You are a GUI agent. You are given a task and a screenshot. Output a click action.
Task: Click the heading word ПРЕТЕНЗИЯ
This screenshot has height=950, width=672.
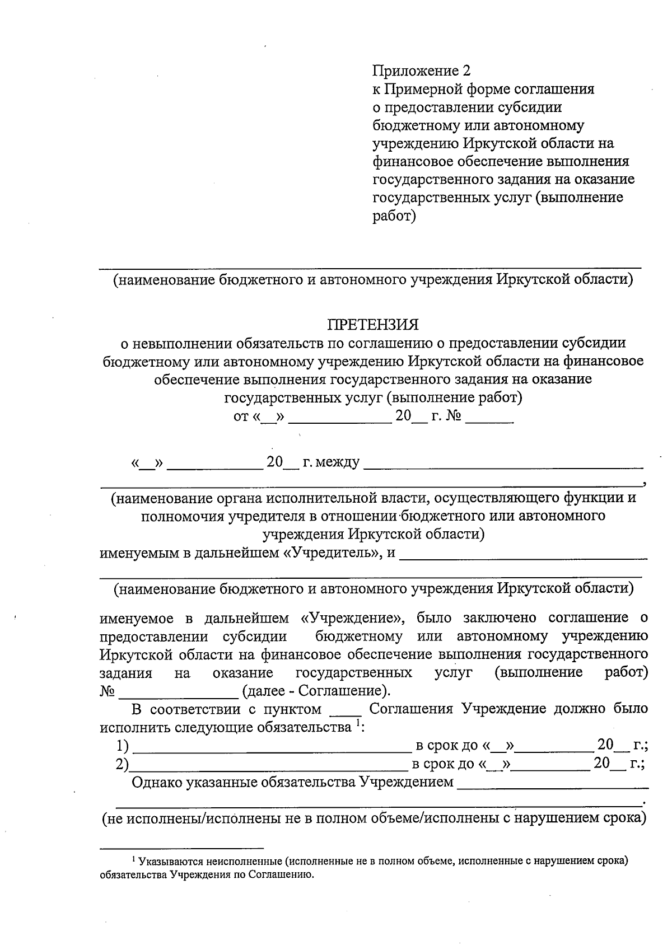(x=373, y=325)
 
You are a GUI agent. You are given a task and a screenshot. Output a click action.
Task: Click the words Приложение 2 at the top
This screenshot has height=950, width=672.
(x=422, y=71)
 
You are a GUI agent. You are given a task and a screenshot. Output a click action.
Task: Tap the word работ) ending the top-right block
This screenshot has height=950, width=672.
(x=394, y=216)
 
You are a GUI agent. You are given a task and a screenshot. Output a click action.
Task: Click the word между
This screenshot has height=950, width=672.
(x=338, y=462)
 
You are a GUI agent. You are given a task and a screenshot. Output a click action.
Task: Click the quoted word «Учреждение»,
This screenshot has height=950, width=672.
(x=353, y=618)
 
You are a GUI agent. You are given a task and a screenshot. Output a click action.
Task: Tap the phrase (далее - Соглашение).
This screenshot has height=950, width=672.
(x=316, y=690)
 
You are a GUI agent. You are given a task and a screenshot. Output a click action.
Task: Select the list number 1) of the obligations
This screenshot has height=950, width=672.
(x=123, y=746)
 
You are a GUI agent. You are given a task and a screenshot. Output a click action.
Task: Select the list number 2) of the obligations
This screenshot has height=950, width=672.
(x=122, y=764)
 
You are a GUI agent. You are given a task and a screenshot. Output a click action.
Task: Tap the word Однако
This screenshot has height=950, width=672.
(x=155, y=782)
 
